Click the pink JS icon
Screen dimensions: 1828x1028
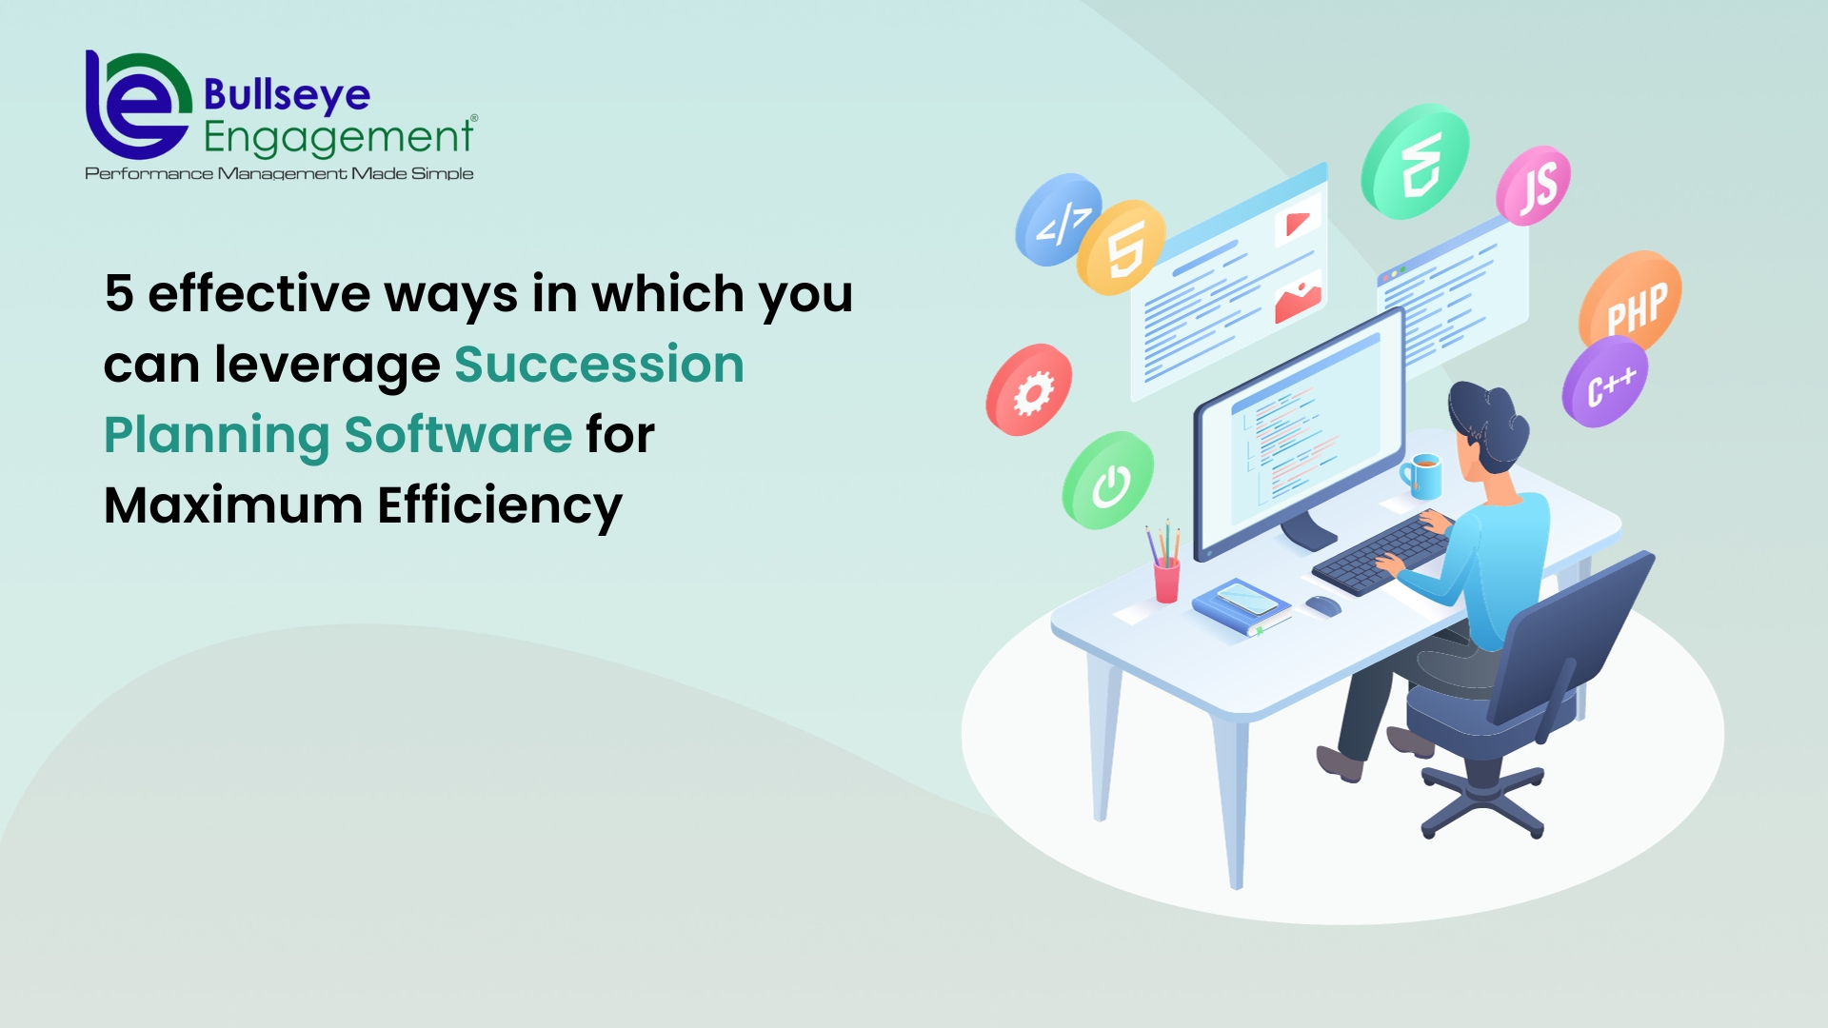[1533, 185]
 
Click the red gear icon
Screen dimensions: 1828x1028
[1029, 390]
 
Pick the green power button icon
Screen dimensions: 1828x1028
[1108, 481]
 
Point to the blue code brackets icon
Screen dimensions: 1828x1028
[1057, 221]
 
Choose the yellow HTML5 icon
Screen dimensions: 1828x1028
[1122, 247]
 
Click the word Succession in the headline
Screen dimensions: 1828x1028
[599, 365]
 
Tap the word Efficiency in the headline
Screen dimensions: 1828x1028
[500, 506]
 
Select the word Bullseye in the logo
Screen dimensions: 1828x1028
[287, 96]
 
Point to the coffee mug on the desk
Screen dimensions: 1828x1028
[1421, 476]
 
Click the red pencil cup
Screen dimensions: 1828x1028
[1166, 579]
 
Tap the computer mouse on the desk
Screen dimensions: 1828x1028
[1323, 605]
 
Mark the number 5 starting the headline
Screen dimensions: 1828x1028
[119, 293]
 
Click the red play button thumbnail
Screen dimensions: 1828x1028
[1298, 223]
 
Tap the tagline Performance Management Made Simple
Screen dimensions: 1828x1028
[279, 173]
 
